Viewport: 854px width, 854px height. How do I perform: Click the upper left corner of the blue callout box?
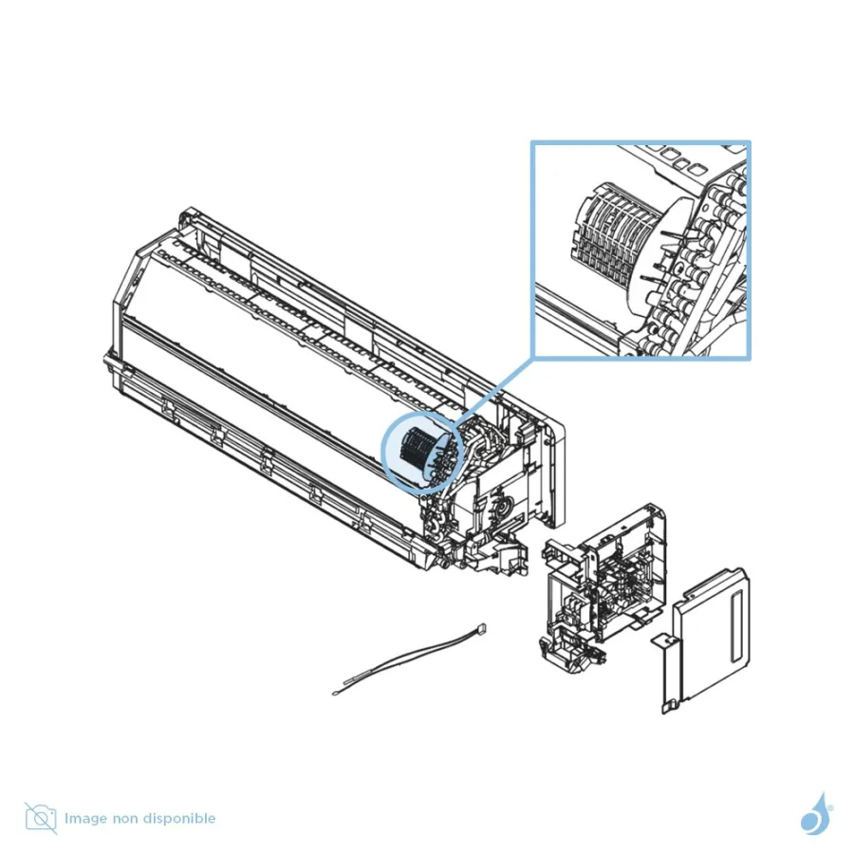[532, 142]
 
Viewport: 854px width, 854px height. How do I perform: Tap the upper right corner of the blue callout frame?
[750, 142]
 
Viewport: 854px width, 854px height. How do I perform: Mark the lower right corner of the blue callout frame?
[750, 359]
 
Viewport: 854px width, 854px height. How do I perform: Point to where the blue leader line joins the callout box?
[532, 358]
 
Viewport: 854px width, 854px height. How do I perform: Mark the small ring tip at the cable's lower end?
[334, 694]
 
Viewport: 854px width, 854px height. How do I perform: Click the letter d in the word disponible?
[163, 818]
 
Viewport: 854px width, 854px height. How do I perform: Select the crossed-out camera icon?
[41, 818]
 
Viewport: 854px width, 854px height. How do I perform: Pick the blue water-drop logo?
[816, 814]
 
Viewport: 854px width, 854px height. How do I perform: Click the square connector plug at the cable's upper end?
[480, 629]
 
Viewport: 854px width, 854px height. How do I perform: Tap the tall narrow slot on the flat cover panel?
[738, 628]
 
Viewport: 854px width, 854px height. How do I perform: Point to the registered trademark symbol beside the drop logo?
[830, 808]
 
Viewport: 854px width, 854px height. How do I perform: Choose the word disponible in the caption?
[187, 819]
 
